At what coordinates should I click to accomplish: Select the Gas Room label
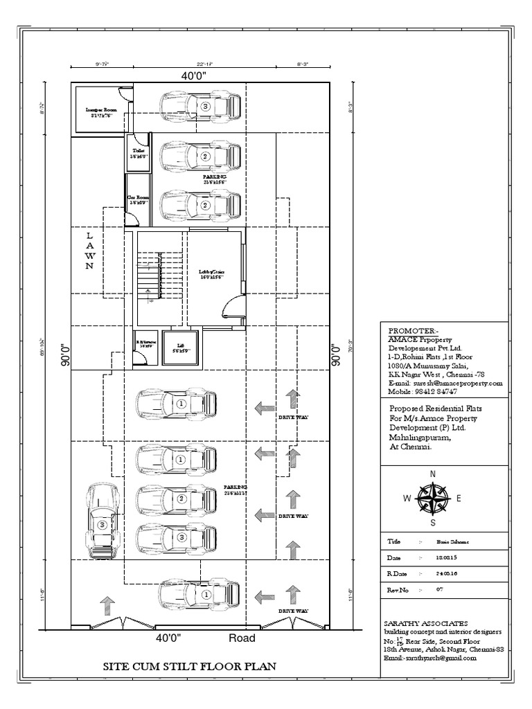(x=139, y=201)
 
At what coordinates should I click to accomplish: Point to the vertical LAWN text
(x=89, y=251)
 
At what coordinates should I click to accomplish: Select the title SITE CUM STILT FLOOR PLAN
(x=190, y=667)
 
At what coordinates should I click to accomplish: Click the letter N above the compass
(x=433, y=474)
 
